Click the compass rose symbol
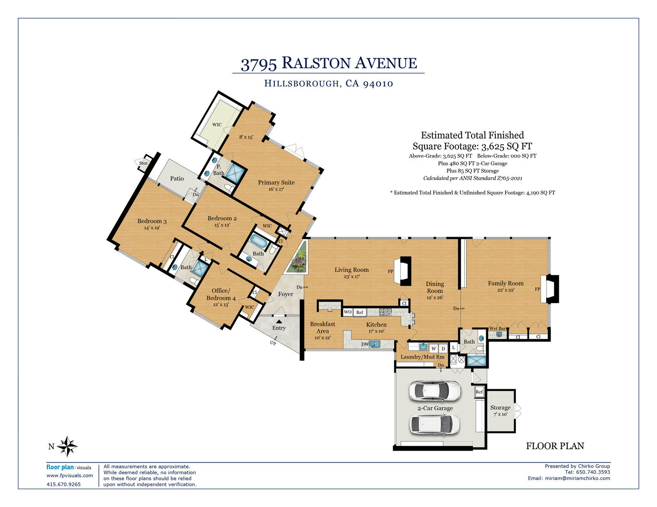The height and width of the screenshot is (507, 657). [x=67, y=446]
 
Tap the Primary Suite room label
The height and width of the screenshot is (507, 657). [x=276, y=183]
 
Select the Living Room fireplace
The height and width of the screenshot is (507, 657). [x=403, y=271]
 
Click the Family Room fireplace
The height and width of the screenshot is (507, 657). [x=550, y=289]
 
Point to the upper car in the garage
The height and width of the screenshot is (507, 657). [x=435, y=391]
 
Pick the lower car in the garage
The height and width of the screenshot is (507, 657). [x=434, y=424]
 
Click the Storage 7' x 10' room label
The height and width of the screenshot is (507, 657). [x=501, y=411]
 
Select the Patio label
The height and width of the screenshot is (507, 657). [x=177, y=178]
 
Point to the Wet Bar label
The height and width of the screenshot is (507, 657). [x=497, y=329]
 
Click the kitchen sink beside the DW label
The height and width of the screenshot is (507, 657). [x=374, y=344]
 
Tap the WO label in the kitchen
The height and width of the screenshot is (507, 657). [x=348, y=312]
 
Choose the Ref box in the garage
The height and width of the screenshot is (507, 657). [x=479, y=392]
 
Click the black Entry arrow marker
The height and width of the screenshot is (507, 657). [x=279, y=322]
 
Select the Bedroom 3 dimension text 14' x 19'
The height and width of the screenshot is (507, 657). [x=152, y=228]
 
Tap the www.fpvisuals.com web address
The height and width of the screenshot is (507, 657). [x=69, y=475]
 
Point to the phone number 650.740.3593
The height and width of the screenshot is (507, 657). [x=593, y=472]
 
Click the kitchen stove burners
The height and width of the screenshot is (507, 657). [x=386, y=312]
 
